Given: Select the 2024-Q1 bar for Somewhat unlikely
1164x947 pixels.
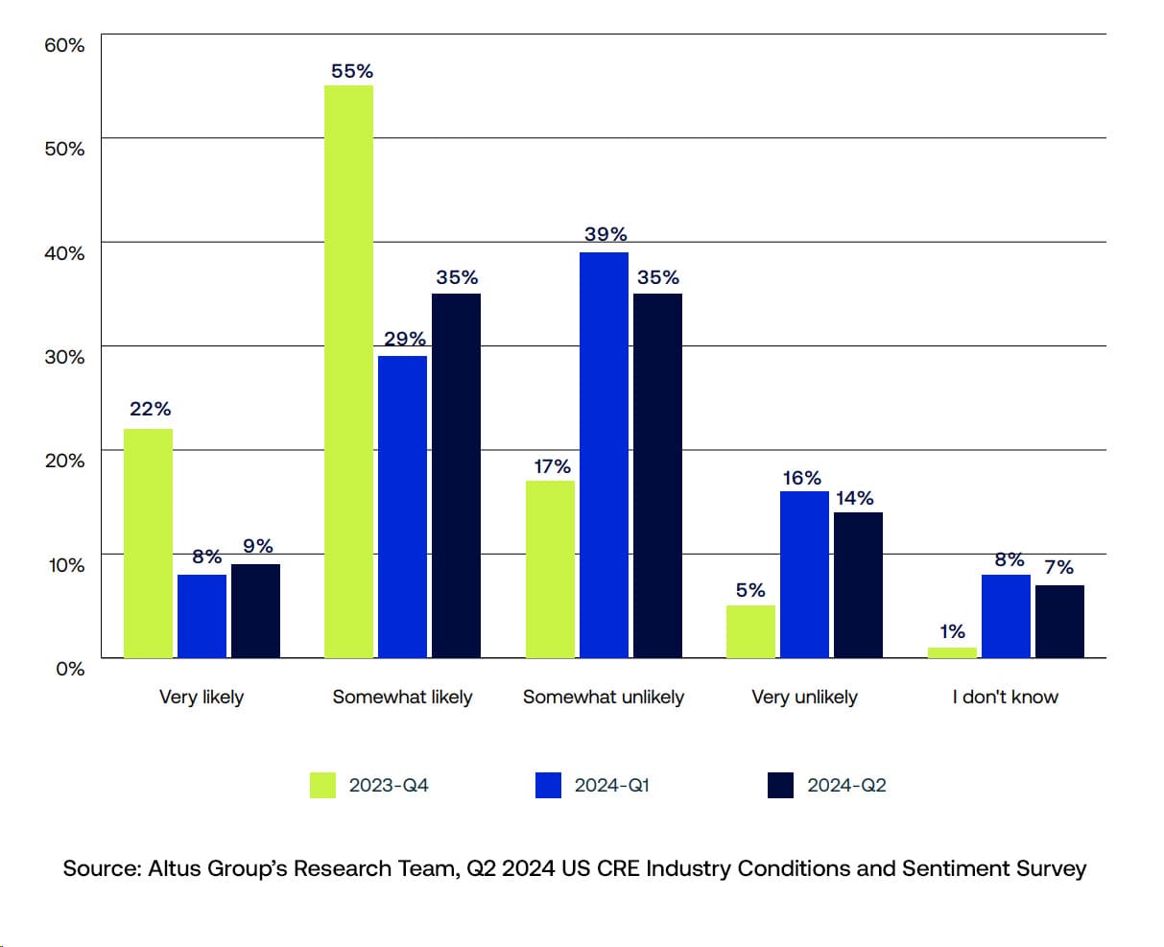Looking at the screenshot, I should [604, 455].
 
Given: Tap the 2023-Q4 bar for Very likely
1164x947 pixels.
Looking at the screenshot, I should [148, 543].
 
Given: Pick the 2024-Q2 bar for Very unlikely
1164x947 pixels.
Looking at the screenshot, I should [858, 585].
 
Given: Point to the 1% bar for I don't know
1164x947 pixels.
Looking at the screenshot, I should [952, 652].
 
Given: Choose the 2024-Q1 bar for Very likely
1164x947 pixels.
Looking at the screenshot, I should [202, 616].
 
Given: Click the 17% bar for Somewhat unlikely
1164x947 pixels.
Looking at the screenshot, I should [550, 569].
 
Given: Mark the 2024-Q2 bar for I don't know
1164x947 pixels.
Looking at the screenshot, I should [1059, 622].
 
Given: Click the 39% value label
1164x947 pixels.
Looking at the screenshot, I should [606, 234].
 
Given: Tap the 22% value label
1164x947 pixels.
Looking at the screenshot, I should [150, 410].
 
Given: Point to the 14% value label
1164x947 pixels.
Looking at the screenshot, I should [854, 498].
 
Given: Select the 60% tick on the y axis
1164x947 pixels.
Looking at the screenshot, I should [64, 45].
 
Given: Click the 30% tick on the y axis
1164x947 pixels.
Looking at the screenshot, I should [64, 357].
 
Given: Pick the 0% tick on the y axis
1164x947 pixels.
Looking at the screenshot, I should [69, 669].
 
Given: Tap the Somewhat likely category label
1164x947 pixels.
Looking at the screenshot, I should [402, 697].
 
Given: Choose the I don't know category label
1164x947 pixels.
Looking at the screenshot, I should [1005, 697].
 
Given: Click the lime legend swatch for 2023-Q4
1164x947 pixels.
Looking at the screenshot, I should [322, 785].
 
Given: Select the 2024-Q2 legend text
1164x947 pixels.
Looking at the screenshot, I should [846, 785].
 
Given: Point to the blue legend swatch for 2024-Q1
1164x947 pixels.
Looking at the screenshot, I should [548, 785].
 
